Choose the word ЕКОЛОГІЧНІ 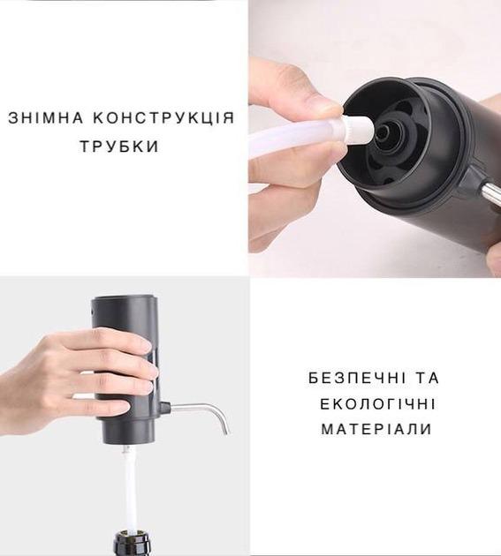[x=376, y=403]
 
